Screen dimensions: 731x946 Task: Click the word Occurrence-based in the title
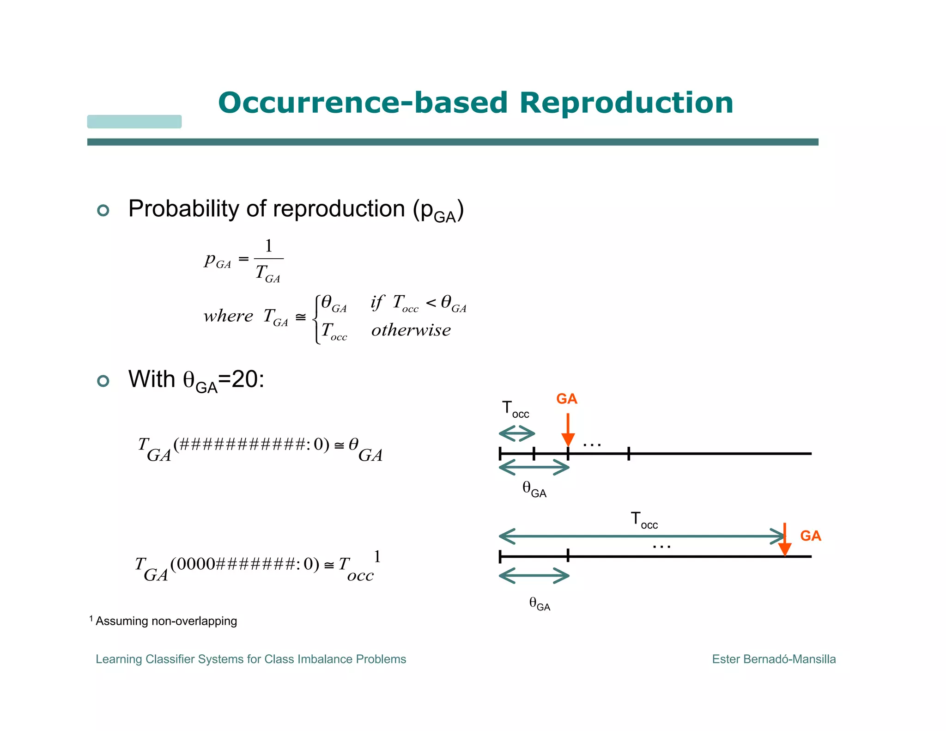point(363,103)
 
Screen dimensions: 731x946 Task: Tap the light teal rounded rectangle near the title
point(134,122)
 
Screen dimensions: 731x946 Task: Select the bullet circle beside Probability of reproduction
point(103,211)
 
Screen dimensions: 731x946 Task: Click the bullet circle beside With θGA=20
point(103,381)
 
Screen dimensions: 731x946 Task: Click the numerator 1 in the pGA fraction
point(268,246)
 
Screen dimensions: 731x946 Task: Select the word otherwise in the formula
point(411,330)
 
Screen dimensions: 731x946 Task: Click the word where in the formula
point(228,317)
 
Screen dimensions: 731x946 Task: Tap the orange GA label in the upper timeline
point(566,399)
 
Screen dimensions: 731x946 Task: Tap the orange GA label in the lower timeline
point(810,536)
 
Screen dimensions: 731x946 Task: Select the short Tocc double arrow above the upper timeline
point(517,434)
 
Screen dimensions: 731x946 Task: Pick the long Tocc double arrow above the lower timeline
point(642,536)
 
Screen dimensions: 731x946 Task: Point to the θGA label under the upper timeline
point(534,489)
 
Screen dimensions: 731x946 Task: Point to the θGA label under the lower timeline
point(540,603)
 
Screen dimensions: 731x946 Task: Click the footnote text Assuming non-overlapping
point(166,621)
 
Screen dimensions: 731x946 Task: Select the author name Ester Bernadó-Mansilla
point(774,659)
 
